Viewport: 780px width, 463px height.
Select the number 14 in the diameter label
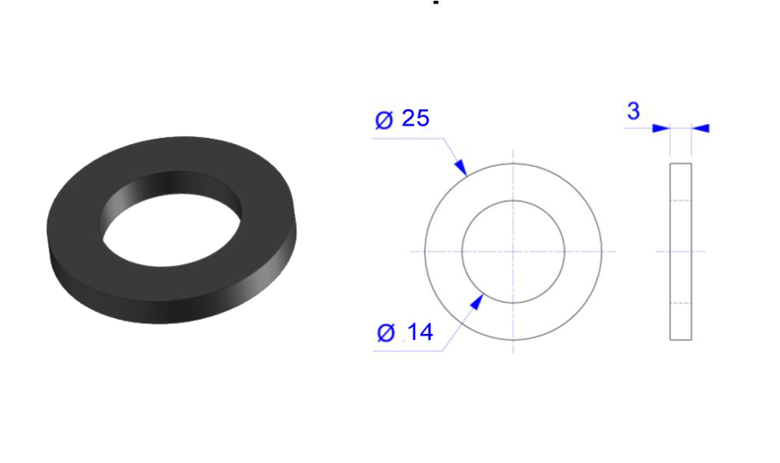point(419,331)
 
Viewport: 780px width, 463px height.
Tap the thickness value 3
point(634,111)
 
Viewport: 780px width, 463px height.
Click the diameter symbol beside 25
point(384,120)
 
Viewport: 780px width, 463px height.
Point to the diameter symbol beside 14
point(387,332)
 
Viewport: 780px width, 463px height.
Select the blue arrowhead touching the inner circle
point(476,301)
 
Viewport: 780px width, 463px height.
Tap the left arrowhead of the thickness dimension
point(661,128)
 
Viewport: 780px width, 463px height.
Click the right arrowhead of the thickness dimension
point(701,128)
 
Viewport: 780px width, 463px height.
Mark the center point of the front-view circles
point(513,251)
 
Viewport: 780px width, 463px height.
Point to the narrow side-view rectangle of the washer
point(681,251)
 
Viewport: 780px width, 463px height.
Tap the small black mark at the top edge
point(436,3)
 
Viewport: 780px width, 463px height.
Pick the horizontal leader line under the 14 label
point(407,351)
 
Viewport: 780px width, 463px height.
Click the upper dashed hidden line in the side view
point(681,200)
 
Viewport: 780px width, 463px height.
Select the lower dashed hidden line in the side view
point(681,303)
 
